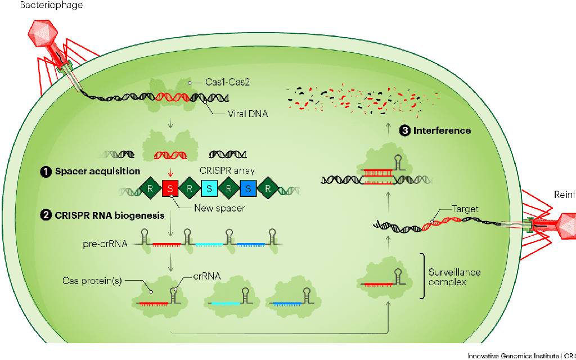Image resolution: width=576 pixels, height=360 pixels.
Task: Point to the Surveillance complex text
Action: [x=454, y=277]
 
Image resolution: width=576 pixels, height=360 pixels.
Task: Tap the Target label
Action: [x=465, y=209]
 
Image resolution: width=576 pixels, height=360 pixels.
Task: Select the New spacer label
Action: [x=219, y=208]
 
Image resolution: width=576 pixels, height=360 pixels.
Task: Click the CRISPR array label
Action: [x=227, y=170]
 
